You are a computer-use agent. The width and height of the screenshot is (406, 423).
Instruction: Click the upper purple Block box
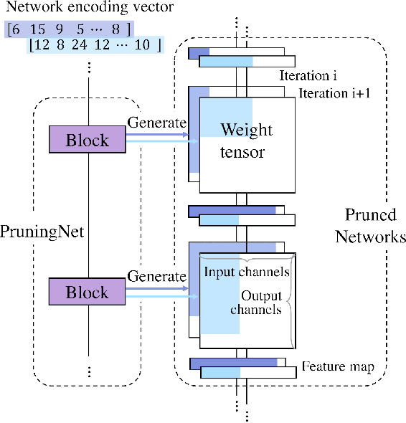(x=87, y=139)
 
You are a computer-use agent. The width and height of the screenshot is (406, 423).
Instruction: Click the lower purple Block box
(x=87, y=293)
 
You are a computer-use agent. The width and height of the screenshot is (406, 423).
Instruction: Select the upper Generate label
(x=156, y=123)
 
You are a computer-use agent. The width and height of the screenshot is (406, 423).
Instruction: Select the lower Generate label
(x=156, y=276)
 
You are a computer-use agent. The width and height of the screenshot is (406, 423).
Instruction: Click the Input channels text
(x=247, y=272)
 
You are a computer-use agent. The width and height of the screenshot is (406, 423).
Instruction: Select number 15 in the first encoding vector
(x=38, y=29)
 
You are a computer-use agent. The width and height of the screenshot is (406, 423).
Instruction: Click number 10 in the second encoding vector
(x=142, y=46)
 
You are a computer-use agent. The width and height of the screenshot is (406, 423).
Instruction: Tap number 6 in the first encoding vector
(x=16, y=29)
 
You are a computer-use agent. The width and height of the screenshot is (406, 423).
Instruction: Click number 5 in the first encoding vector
(x=80, y=29)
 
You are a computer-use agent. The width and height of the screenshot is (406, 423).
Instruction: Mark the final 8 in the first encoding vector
(x=115, y=29)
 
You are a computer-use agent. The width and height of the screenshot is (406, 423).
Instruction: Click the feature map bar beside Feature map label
(x=244, y=364)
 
